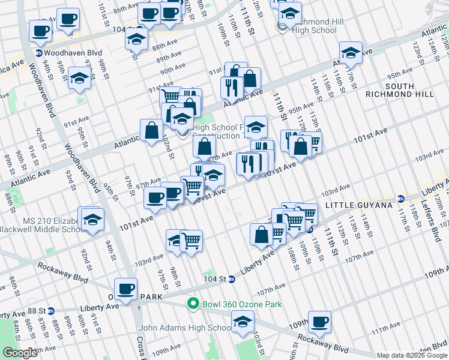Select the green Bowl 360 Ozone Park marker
[x=193, y=304]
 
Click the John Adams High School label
[x=185, y=328]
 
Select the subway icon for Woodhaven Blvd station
[x=39, y=53]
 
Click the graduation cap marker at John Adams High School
[x=242, y=323]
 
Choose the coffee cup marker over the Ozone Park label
[x=126, y=289]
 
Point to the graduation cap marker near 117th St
[x=351, y=52]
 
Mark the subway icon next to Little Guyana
[x=399, y=197]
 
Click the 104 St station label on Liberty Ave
[x=214, y=279]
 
